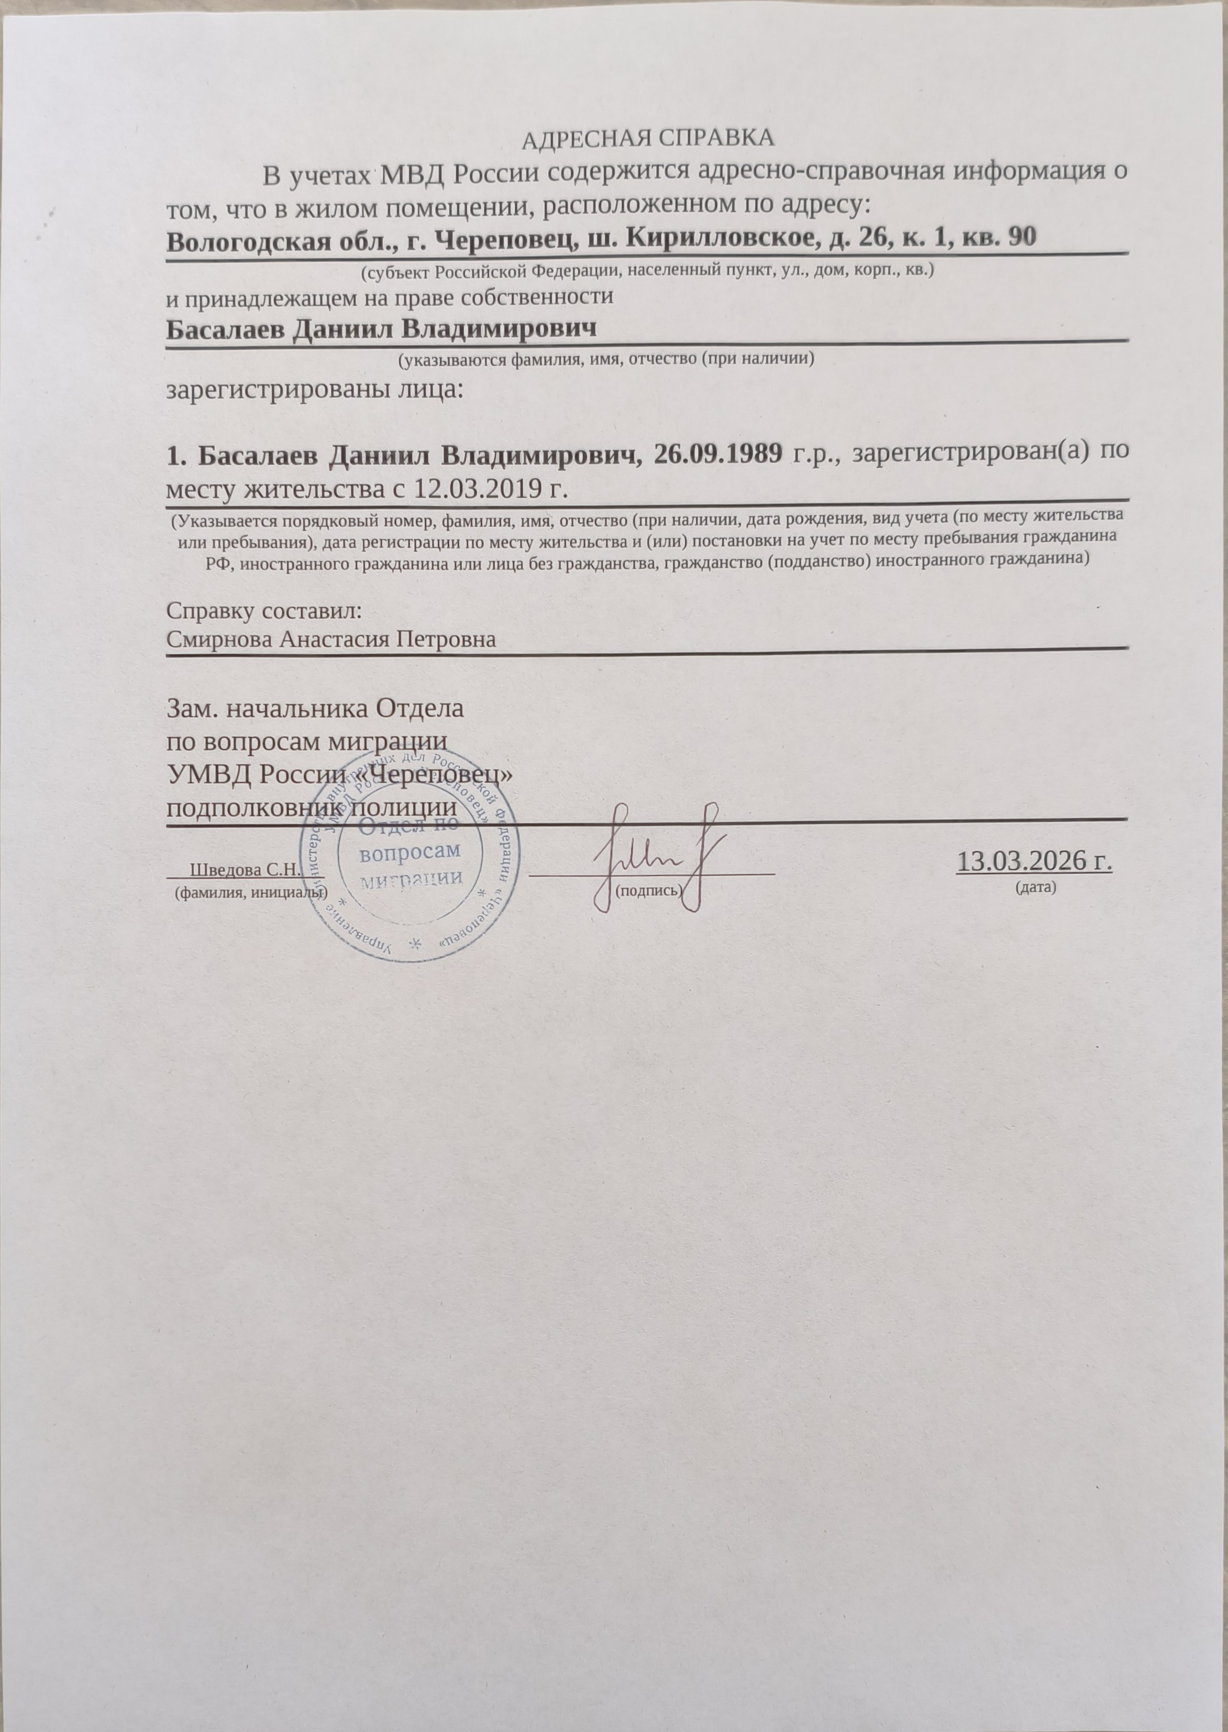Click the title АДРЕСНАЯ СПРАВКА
(x=649, y=139)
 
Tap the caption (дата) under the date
(x=1034, y=887)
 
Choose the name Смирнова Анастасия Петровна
(x=331, y=640)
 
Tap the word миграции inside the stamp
(x=412, y=879)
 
